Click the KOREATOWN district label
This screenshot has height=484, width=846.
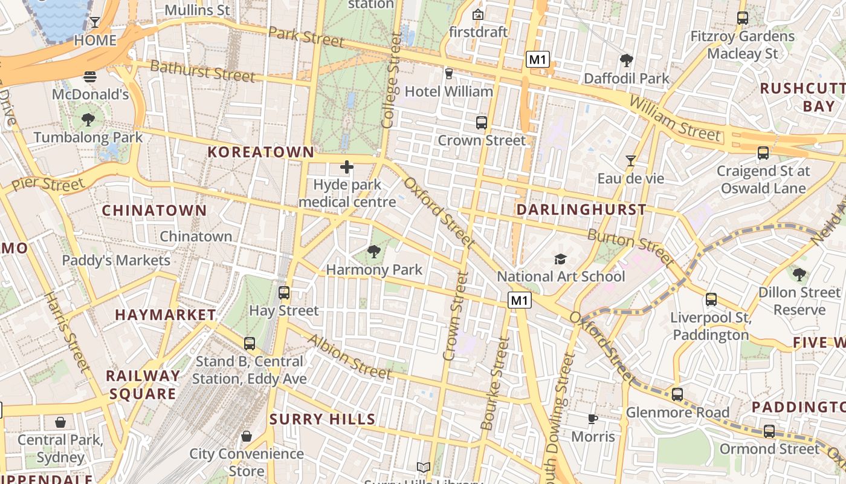[261, 152]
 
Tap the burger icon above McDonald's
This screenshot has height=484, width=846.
[90, 77]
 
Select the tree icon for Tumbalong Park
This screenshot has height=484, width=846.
[88, 120]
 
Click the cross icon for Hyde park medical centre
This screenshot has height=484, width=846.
[347, 167]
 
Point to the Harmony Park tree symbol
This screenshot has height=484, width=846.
[374, 252]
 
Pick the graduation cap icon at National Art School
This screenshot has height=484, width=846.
[561, 260]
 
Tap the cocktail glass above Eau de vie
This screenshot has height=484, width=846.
[631, 161]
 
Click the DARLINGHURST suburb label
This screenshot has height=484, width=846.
[581, 210]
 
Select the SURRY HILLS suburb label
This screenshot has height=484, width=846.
[323, 419]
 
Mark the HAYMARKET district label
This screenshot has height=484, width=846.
[166, 315]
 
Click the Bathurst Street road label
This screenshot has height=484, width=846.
[202, 71]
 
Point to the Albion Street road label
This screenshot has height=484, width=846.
[349, 356]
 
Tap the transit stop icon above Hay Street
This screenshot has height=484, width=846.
[284, 293]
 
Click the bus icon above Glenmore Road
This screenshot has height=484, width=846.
[677, 394]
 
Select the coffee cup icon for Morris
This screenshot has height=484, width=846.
[593, 419]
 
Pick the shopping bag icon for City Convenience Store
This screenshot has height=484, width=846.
[247, 436]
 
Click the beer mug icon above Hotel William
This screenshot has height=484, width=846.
[448, 74]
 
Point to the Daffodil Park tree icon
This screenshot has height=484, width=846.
[627, 60]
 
